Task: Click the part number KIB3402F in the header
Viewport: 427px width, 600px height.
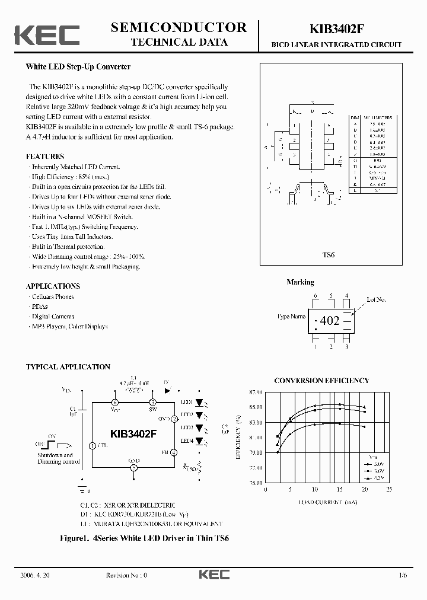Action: [336, 29]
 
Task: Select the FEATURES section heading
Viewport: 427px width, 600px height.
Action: [45, 157]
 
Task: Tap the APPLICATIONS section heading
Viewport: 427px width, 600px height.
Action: [53, 286]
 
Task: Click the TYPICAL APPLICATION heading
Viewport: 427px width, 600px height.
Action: [68, 367]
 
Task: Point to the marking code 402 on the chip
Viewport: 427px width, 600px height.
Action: [330, 321]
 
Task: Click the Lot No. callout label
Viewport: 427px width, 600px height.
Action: [376, 300]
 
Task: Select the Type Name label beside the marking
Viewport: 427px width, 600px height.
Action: [291, 317]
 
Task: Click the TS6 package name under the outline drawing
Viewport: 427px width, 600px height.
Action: [329, 254]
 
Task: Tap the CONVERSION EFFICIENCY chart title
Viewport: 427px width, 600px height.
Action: [321, 381]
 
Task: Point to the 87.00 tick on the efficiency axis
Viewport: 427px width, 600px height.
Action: [256, 392]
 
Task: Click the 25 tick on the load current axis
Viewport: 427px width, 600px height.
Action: [389, 490]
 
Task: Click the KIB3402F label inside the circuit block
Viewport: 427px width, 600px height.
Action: [133, 433]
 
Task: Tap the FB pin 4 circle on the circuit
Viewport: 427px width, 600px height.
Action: [174, 452]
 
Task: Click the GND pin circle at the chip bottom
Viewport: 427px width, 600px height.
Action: [134, 468]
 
